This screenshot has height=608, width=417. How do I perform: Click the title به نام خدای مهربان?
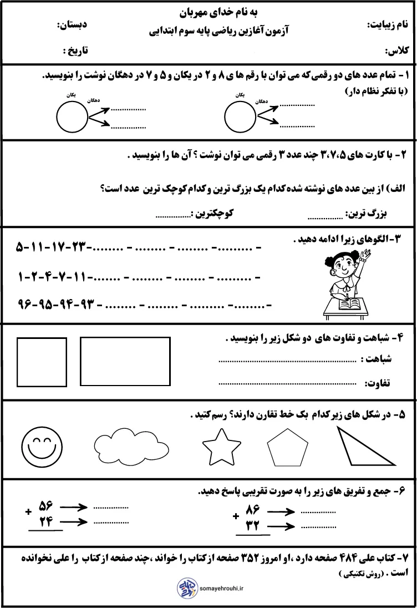208,12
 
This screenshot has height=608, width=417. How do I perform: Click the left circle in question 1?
72,116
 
